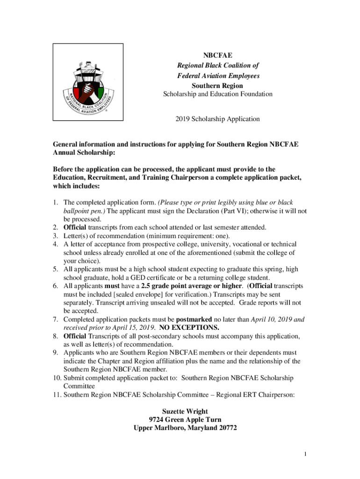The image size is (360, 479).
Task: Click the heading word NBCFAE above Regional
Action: coord(218,56)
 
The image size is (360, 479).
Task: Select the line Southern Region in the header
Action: coord(218,86)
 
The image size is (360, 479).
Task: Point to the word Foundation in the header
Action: coord(255,94)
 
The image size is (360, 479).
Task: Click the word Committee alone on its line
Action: coord(79,386)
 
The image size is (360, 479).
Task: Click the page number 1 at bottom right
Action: coord(304,454)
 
